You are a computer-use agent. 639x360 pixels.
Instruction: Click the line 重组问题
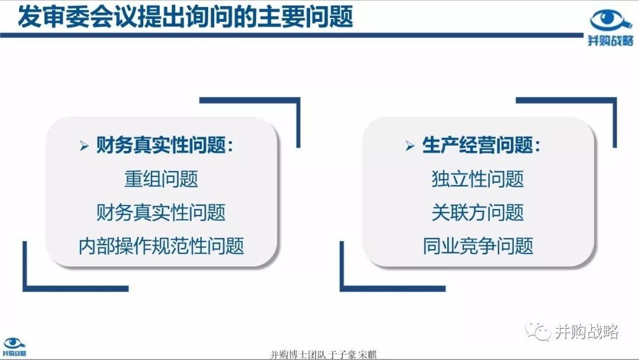click(x=162, y=179)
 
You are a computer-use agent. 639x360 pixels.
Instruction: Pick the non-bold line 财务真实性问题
click(x=161, y=213)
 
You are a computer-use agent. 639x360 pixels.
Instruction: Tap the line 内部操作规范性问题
click(x=162, y=246)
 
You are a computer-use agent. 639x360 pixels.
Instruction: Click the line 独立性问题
click(x=477, y=179)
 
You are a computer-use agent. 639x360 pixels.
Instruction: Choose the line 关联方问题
click(x=477, y=213)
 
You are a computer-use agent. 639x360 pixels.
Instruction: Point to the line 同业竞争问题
click(x=477, y=246)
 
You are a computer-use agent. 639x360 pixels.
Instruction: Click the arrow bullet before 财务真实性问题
click(x=85, y=146)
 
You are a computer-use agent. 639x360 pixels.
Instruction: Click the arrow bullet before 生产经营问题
click(x=410, y=146)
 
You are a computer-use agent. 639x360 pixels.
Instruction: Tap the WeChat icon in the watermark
click(x=537, y=330)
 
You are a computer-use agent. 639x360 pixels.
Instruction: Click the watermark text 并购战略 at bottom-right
click(x=587, y=331)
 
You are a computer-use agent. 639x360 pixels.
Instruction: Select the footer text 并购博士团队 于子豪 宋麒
click(x=324, y=354)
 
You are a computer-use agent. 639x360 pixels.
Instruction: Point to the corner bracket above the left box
click(x=298, y=100)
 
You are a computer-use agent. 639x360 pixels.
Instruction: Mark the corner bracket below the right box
click(x=342, y=289)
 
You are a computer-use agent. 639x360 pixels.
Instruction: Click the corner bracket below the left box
click(x=25, y=289)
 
